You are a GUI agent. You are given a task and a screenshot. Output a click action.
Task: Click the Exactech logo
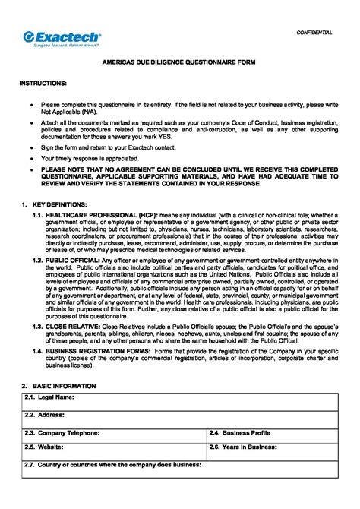pos(60,36)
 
